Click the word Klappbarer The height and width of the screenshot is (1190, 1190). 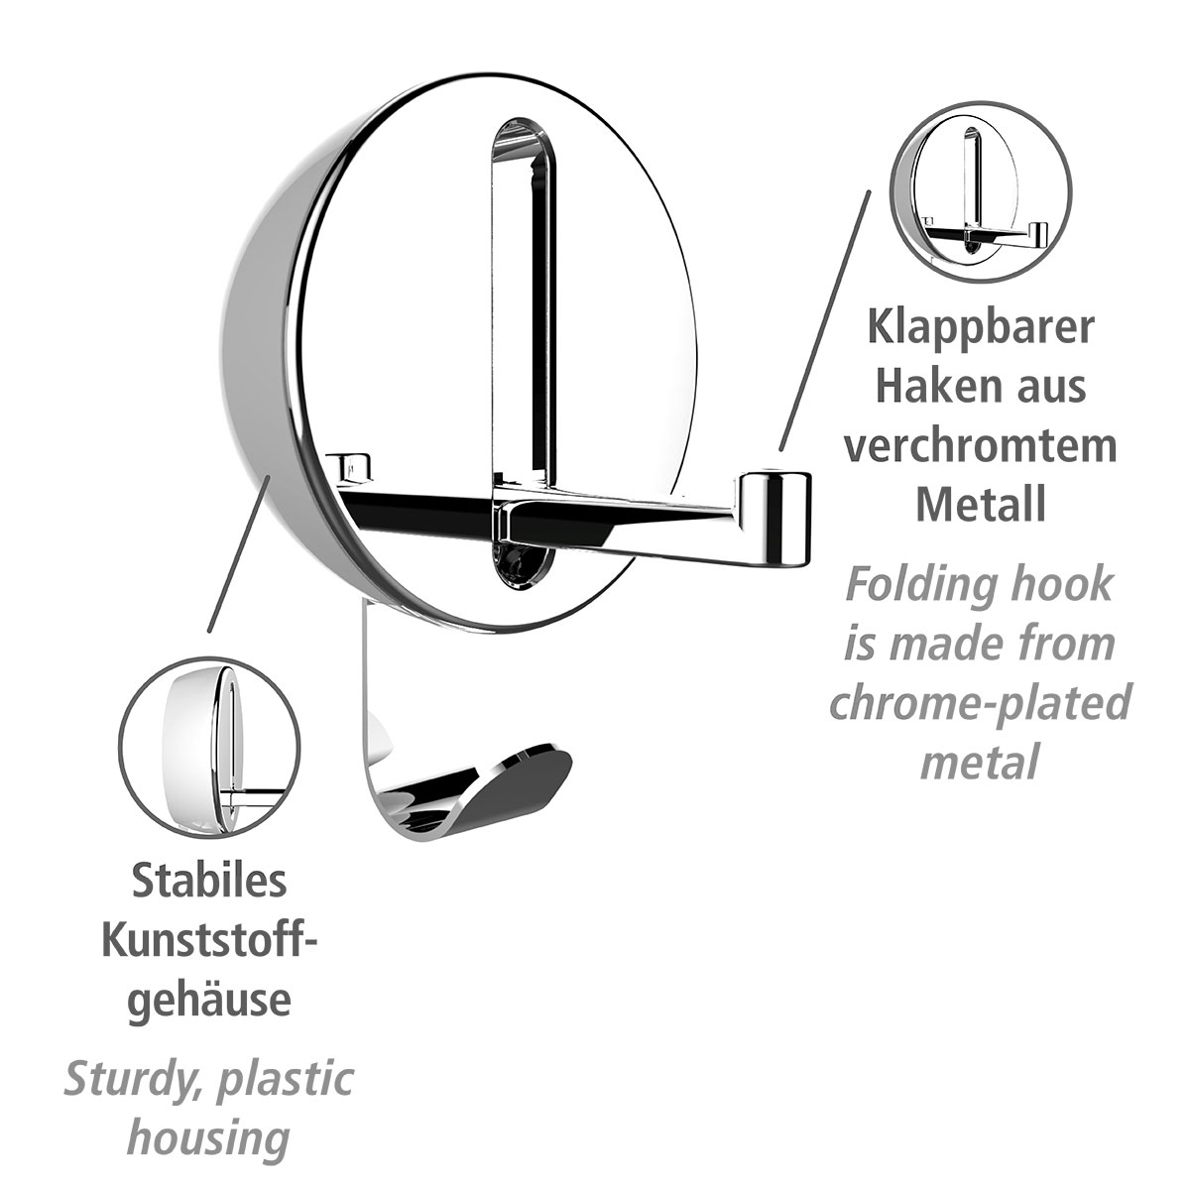click(980, 328)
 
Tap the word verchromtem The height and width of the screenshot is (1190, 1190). click(980, 445)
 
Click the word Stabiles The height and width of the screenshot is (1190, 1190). click(209, 881)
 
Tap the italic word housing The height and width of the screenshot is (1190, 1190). click(209, 1138)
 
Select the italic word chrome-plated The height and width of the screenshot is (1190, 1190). click(980, 703)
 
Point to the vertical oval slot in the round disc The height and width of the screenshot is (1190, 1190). click(523, 297)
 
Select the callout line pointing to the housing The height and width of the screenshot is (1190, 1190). click(238, 555)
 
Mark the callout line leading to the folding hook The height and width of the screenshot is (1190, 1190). click(825, 317)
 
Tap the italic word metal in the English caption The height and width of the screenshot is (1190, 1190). click(980, 763)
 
